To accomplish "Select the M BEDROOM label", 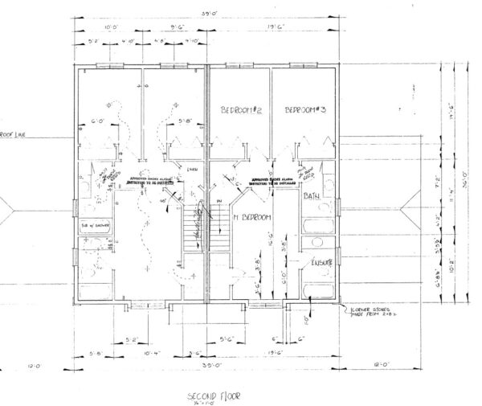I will click(x=250, y=217).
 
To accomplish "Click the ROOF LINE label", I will click(x=14, y=135).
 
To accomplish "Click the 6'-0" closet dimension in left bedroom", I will click(x=98, y=122).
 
